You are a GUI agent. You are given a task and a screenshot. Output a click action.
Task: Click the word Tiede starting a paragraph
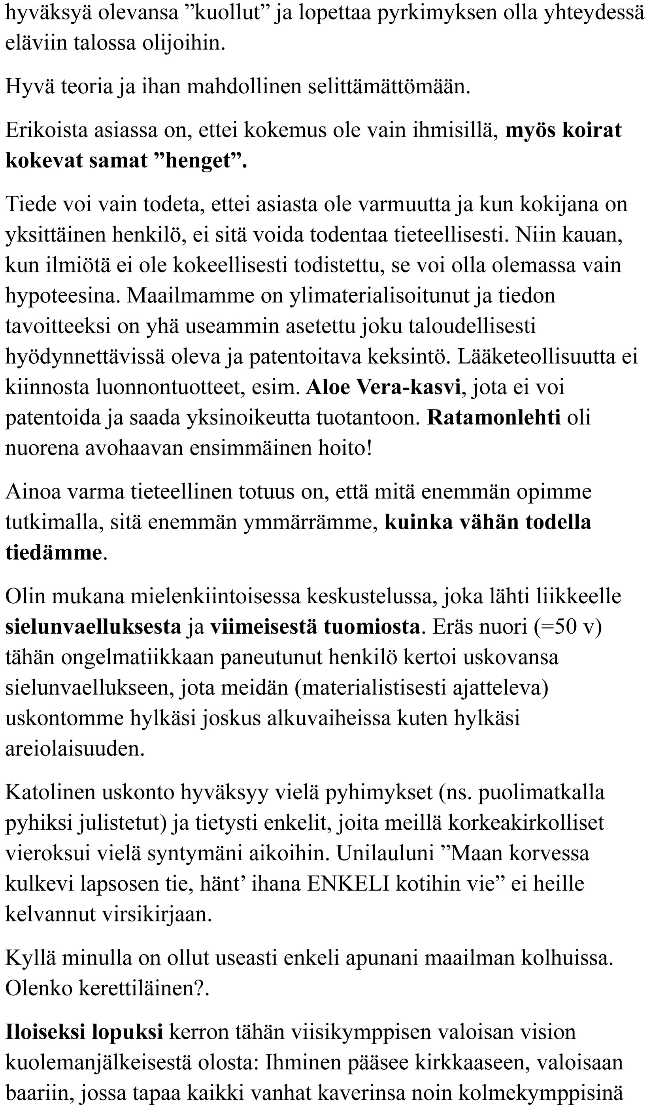[30, 204]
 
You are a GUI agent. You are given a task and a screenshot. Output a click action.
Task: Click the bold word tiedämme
[53, 553]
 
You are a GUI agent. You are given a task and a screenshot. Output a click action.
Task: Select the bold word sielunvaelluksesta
[93, 627]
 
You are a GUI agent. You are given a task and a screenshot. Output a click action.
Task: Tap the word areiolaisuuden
[74, 749]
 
